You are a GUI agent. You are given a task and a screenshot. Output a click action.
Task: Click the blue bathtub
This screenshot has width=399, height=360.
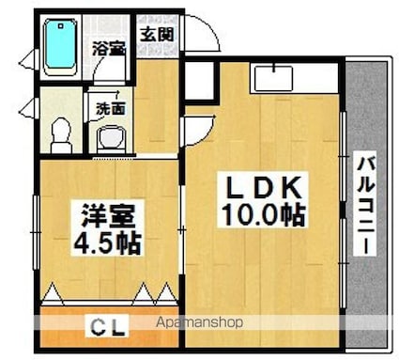[60, 47]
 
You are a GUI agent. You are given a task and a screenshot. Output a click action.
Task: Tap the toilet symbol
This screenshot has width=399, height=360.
[61, 135]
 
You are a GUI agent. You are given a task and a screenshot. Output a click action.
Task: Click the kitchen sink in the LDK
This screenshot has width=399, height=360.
[274, 78]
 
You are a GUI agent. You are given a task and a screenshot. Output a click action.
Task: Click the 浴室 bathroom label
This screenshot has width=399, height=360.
[109, 49]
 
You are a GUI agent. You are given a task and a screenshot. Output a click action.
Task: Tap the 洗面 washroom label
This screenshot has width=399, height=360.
[111, 108]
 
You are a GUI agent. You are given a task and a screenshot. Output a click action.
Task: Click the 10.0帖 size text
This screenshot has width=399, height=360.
[263, 215]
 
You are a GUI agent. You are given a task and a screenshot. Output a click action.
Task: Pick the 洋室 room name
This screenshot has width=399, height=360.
[108, 216]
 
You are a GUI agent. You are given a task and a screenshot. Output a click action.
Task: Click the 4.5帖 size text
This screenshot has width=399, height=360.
[107, 243]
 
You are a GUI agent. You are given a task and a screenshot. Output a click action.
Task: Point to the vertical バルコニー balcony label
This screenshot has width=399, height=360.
[364, 206]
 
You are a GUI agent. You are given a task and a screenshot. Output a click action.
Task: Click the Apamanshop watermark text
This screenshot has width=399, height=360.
[199, 322]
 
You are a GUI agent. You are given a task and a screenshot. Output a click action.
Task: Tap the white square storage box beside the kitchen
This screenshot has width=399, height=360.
[199, 80]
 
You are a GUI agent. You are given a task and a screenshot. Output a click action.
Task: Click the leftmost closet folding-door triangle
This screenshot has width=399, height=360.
[53, 293]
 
